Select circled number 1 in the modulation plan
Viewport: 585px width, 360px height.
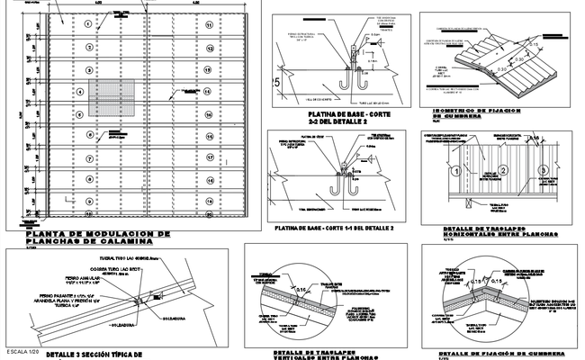pos(88,25)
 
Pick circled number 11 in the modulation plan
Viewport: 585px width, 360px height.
pos(208,25)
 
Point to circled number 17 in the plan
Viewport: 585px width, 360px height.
pos(208,157)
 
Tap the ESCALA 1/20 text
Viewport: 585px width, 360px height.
pos(23,348)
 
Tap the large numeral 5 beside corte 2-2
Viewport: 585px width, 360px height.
pos(277,83)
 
